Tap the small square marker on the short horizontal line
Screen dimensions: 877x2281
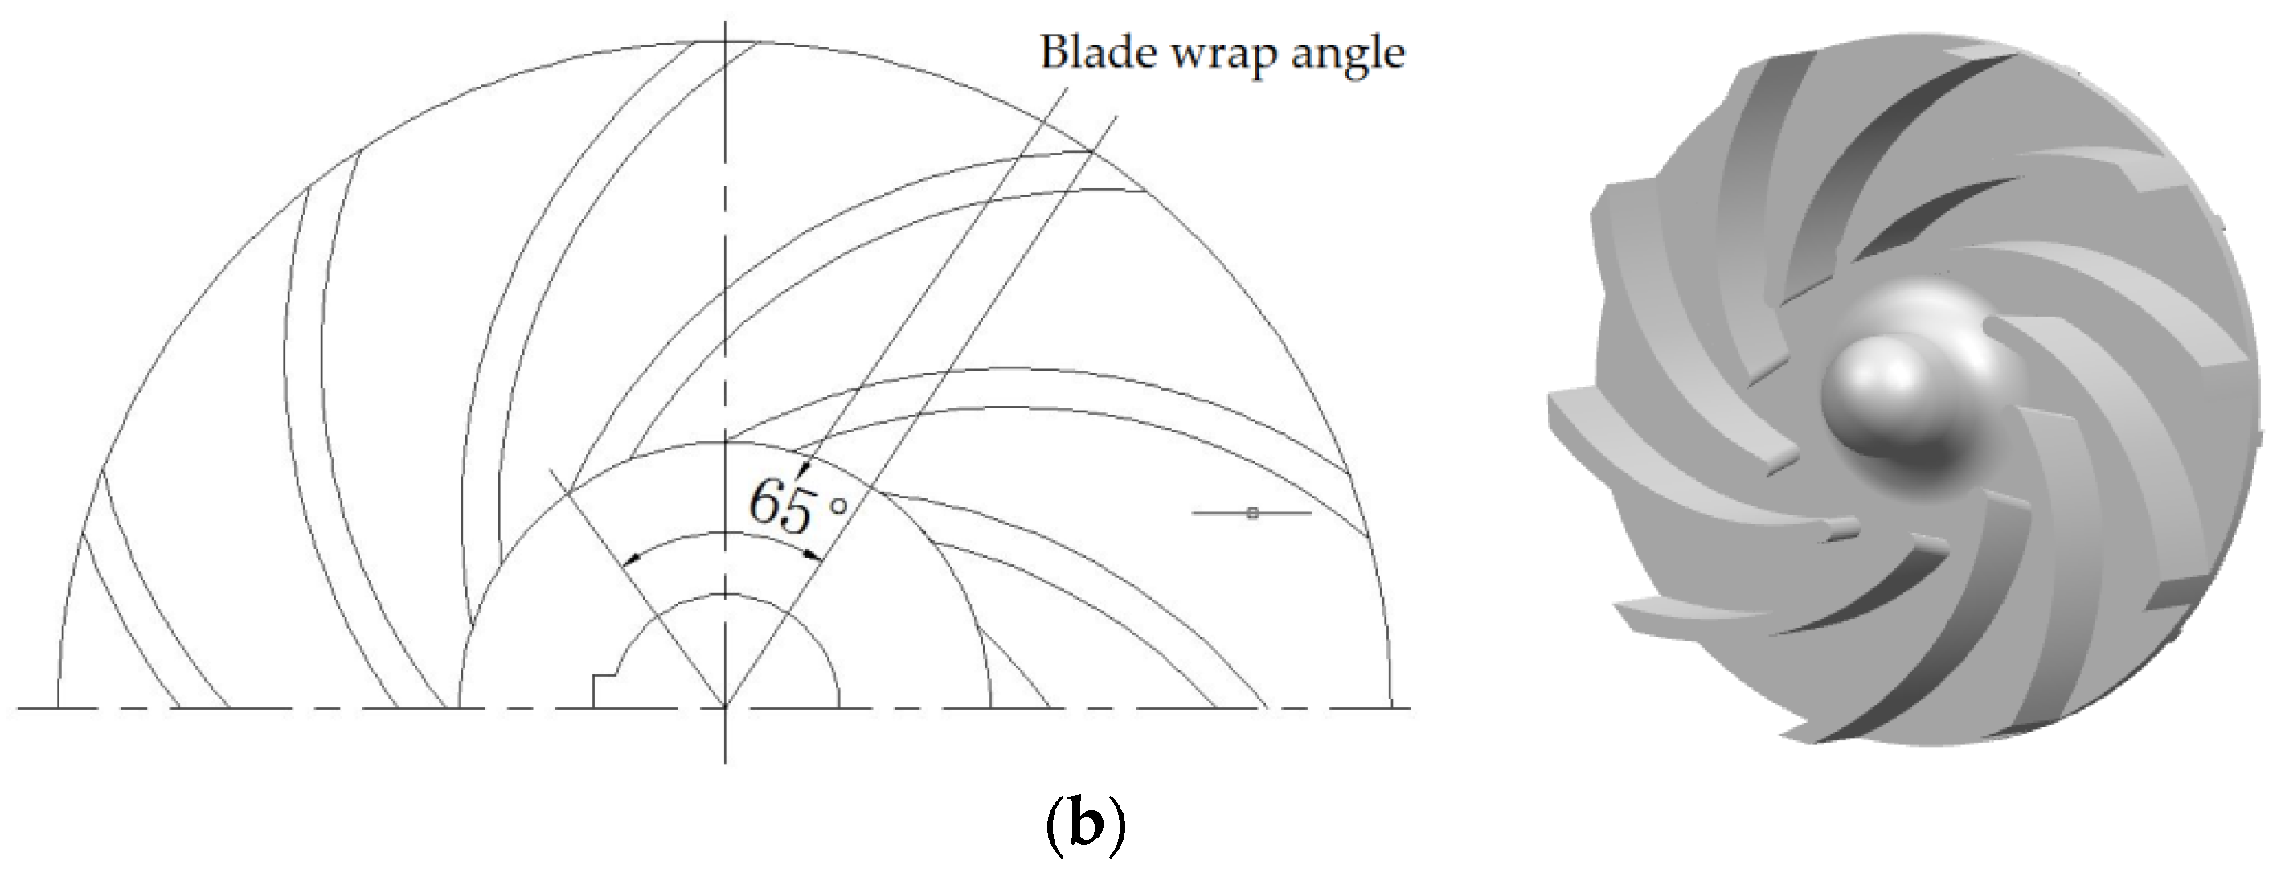[x=1251, y=513]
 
